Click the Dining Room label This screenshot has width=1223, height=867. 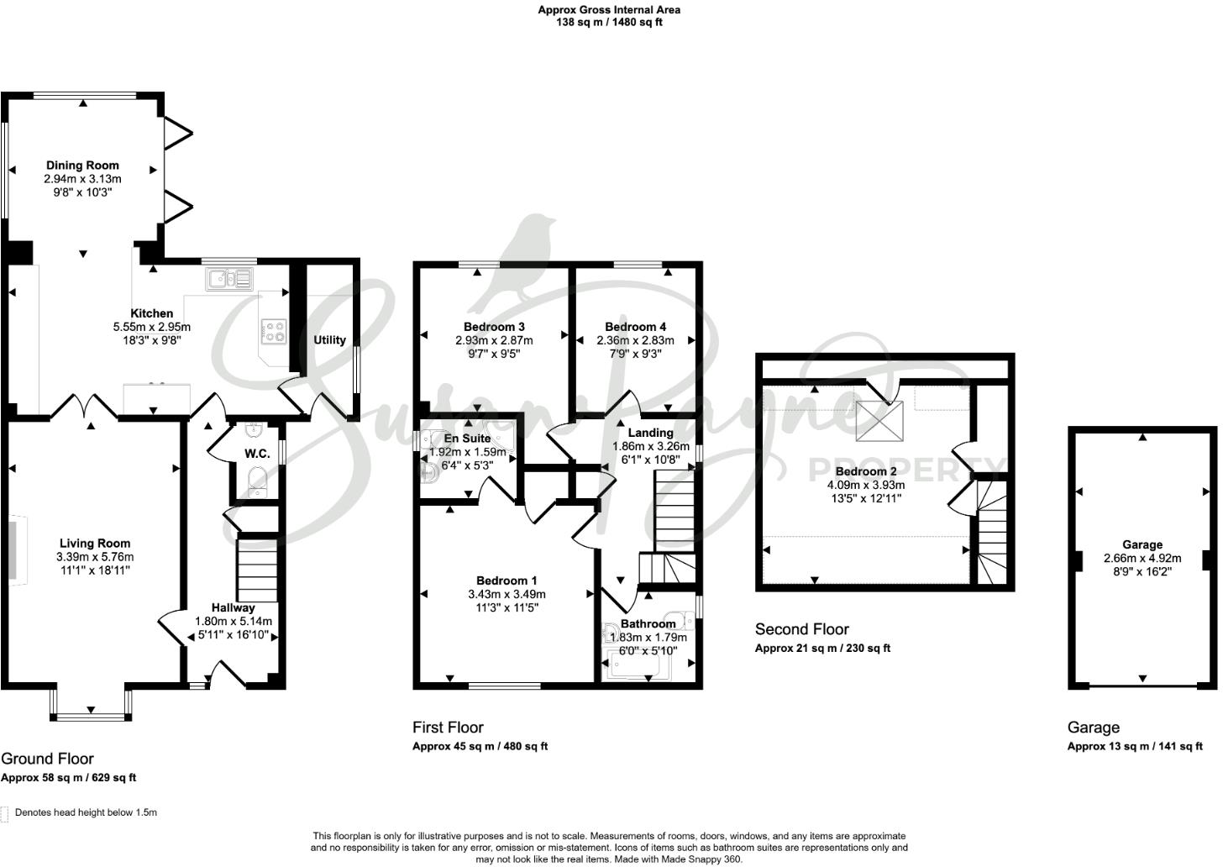[82, 166]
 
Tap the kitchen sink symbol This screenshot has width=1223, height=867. [228, 278]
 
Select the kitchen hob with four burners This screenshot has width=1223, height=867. [274, 332]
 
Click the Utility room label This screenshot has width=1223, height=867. [329, 340]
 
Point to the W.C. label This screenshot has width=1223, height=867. [256, 454]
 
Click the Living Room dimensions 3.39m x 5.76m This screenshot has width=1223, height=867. [95, 557]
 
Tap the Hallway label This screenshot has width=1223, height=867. [233, 607]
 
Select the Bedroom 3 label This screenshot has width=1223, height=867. [494, 327]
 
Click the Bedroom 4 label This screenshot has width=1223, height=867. [635, 327]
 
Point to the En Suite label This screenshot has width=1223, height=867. [467, 439]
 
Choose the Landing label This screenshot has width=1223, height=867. [651, 433]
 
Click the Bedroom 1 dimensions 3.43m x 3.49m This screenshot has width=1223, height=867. [507, 594]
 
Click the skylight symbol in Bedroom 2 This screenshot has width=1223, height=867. [879, 420]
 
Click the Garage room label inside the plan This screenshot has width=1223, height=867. [1142, 544]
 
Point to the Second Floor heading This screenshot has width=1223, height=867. [801, 629]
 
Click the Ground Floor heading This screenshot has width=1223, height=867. [47, 759]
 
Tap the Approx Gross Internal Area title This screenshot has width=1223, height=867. [609, 10]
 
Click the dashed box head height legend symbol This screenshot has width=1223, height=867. [6, 813]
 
